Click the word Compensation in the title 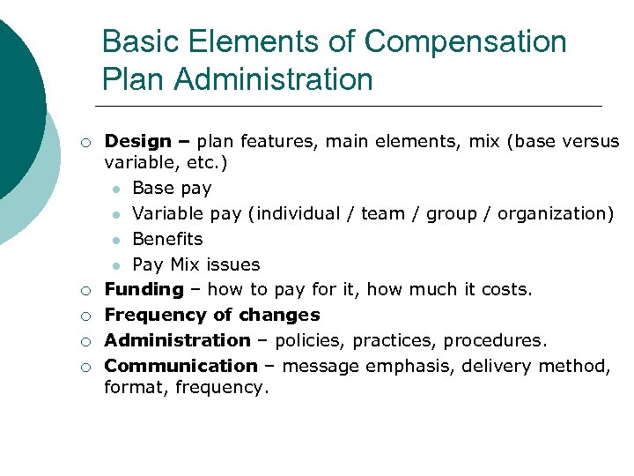pos(466,41)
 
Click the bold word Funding pos(144,289)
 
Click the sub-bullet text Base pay pos(172,188)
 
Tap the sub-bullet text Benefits pos(167,239)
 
